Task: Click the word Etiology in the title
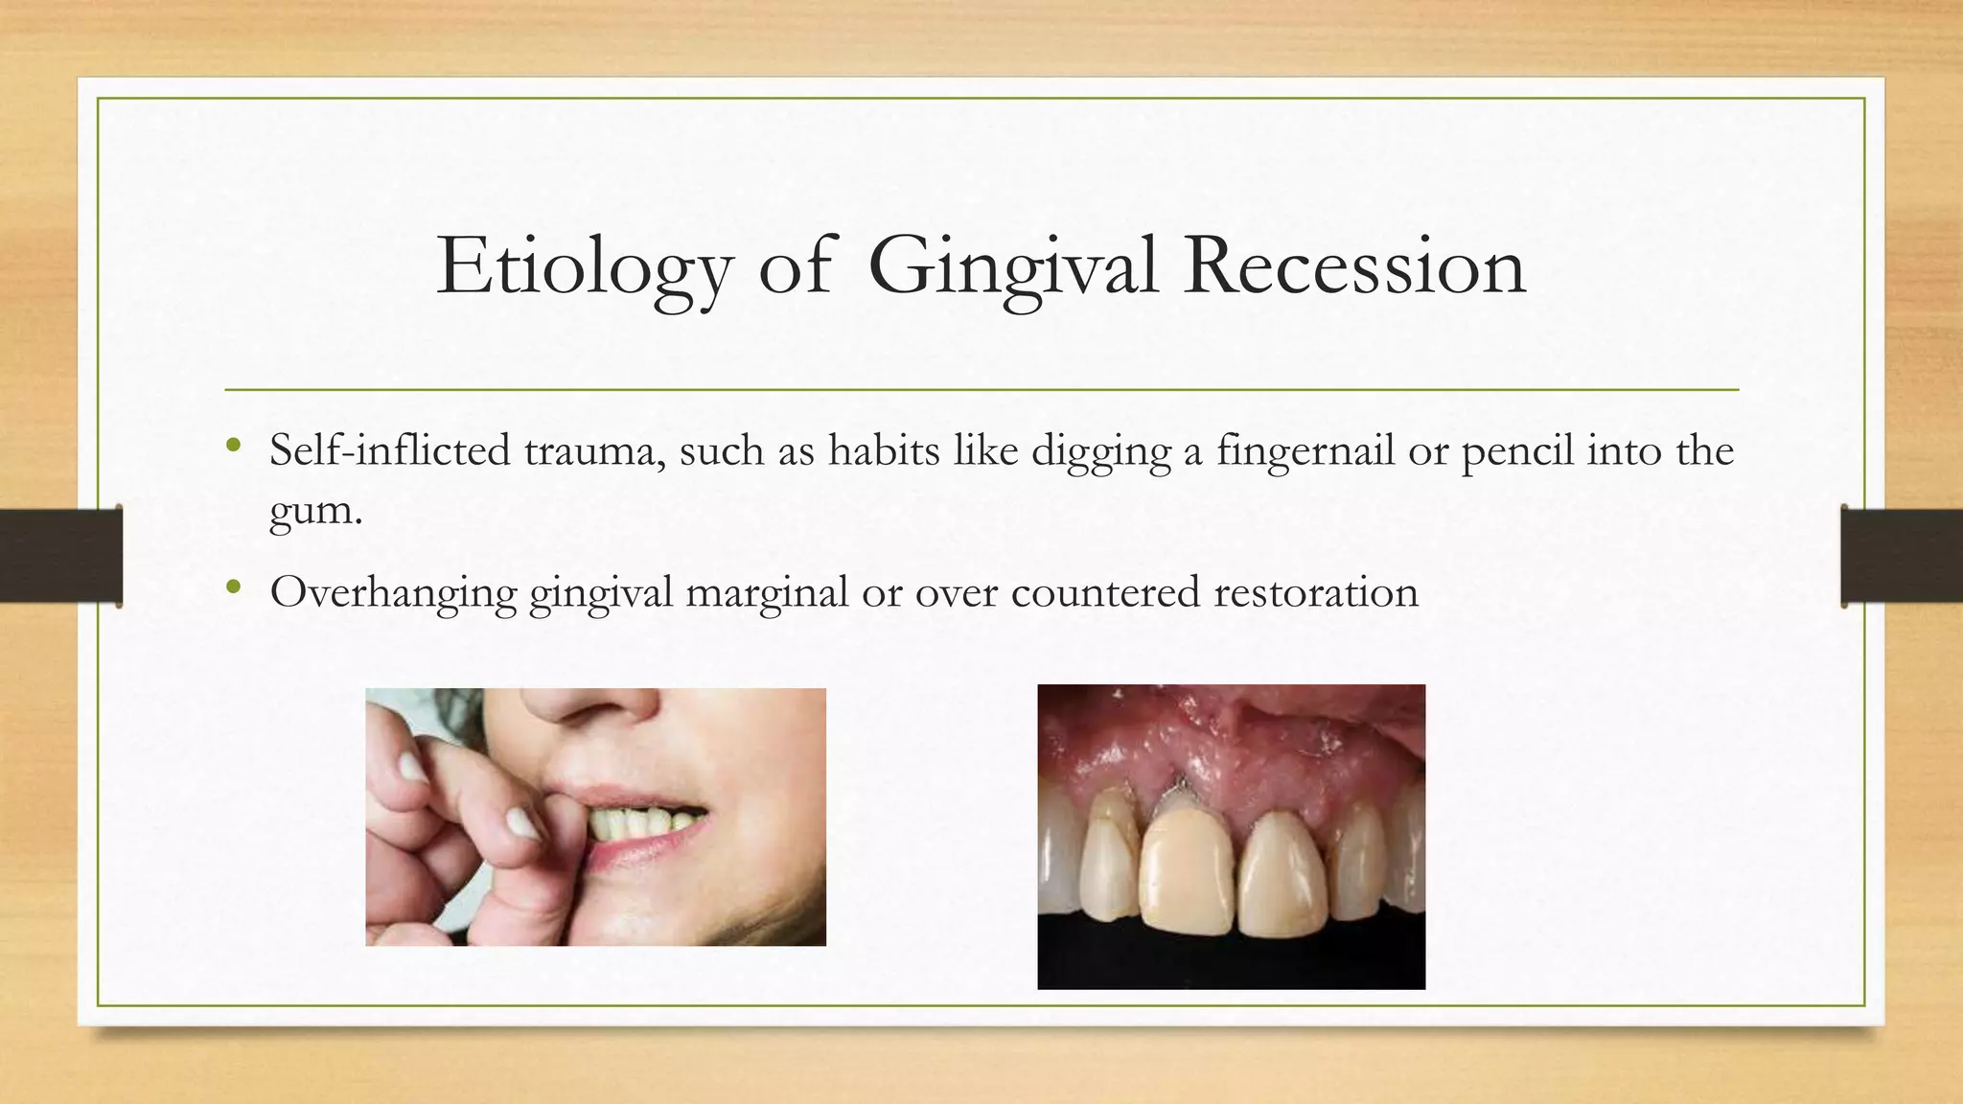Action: (x=585, y=266)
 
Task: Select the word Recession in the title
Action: (x=1354, y=266)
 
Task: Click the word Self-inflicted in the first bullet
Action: (x=389, y=450)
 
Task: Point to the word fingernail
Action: (x=1305, y=450)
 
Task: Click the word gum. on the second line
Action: (x=315, y=509)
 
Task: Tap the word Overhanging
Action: (x=393, y=592)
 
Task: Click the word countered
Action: (x=1104, y=592)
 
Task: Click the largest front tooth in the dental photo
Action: (x=1187, y=872)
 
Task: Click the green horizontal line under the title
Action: (x=981, y=390)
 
